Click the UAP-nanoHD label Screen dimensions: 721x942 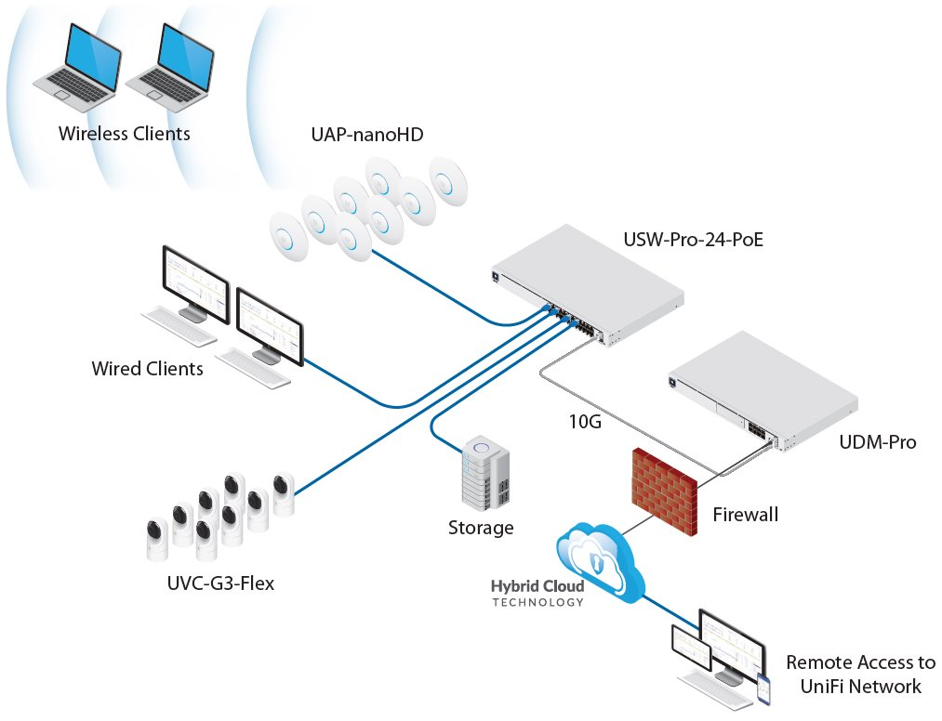tap(366, 135)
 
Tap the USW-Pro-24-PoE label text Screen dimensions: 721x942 tap(695, 243)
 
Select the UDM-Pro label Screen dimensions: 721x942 tap(878, 442)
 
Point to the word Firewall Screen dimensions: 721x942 tap(745, 514)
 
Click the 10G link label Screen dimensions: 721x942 tap(585, 422)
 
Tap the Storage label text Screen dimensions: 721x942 tap(481, 529)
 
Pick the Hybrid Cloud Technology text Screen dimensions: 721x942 tap(537, 594)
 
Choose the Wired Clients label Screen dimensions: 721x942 tap(147, 369)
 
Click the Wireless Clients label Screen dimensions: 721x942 tap(124, 134)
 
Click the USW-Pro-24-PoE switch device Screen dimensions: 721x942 tap(587, 284)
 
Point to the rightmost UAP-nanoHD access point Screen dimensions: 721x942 tap(449, 180)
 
